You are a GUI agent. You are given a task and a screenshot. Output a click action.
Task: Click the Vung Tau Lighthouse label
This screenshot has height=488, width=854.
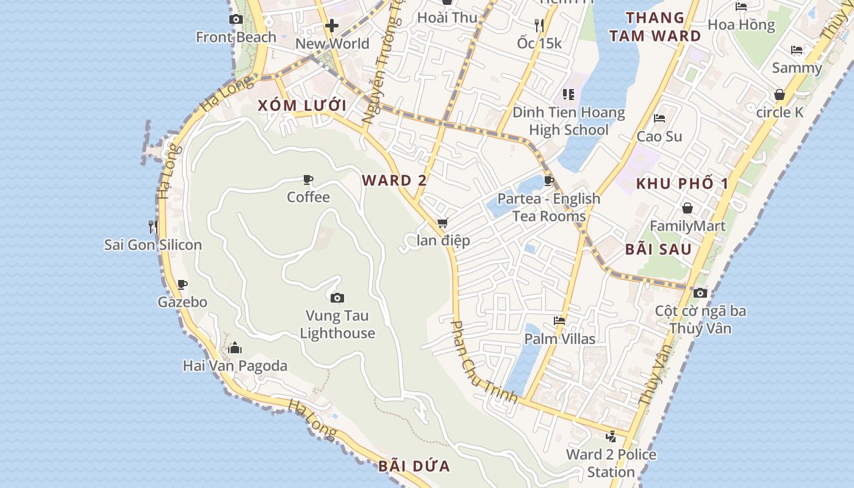click(x=337, y=325)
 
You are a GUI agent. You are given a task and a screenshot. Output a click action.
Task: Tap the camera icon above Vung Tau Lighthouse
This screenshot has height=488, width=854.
click(x=337, y=298)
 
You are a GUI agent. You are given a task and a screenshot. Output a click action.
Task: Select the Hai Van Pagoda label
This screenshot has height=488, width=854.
click(x=235, y=366)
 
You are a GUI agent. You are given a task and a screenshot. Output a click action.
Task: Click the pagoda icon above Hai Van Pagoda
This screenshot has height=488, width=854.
click(x=235, y=348)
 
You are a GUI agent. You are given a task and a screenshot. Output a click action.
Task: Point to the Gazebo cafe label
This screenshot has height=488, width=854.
click(x=182, y=302)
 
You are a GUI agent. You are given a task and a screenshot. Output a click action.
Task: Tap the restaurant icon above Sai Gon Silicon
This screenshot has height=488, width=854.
click(x=152, y=227)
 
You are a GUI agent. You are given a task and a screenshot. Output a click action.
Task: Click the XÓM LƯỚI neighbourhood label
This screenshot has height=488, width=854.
click(x=302, y=106)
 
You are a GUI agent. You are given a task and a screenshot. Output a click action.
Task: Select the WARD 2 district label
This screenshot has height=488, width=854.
click(x=394, y=181)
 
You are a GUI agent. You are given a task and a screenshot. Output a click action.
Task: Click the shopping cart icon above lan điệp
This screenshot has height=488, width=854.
click(x=443, y=223)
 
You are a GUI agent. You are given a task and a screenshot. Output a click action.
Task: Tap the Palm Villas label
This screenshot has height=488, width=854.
click(x=560, y=339)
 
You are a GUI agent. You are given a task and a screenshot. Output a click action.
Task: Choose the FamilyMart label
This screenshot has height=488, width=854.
click(x=687, y=226)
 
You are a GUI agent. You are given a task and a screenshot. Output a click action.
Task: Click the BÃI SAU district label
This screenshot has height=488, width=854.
click(x=658, y=249)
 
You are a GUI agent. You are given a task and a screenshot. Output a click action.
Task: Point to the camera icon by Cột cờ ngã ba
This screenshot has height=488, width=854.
click(x=700, y=293)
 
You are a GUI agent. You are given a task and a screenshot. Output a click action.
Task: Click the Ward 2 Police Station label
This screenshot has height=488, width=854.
click(x=611, y=463)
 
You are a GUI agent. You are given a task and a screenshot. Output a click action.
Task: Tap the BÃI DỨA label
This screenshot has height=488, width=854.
click(x=414, y=467)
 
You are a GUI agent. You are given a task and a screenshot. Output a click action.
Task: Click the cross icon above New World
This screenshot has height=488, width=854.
click(x=332, y=26)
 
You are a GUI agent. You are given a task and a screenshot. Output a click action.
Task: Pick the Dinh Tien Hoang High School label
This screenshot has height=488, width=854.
click(x=569, y=121)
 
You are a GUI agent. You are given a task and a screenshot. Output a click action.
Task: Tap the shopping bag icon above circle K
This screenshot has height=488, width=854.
click(x=780, y=95)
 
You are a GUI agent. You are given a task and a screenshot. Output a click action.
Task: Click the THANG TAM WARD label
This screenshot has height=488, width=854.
click(x=655, y=27)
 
